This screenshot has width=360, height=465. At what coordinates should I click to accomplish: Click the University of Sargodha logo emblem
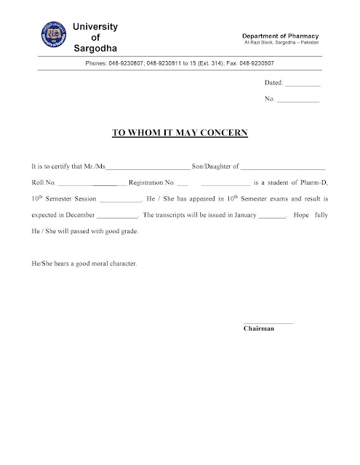pos(52,36)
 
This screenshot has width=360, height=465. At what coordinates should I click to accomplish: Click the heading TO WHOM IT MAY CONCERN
pos(180,134)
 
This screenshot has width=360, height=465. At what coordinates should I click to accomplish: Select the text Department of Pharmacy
pos(281,36)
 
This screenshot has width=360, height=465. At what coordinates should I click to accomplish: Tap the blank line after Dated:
pos(304,86)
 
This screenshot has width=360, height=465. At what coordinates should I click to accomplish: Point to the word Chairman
pos(259,329)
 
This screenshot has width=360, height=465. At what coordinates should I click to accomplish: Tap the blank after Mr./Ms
pos(148,168)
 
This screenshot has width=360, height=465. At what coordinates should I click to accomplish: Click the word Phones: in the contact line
pos(97,64)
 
